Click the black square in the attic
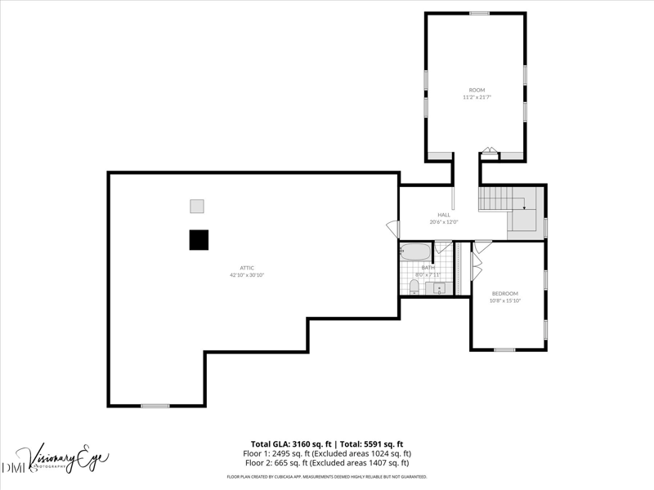coord(199,239)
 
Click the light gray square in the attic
coord(197,206)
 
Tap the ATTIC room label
coord(246,268)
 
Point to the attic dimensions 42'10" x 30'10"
coord(246,275)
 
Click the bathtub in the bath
coord(415,251)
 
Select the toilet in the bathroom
coord(414,286)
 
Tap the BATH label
coord(428,267)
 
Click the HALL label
coord(444,215)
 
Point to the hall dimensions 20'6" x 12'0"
coord(444,222)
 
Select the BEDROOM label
coord(504,293)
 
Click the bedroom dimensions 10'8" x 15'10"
coord(504,301)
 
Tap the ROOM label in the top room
coord(477,90)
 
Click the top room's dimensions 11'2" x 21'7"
coord(477,97)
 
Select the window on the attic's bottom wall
coord(155,406)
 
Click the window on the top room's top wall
coord(479,13)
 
